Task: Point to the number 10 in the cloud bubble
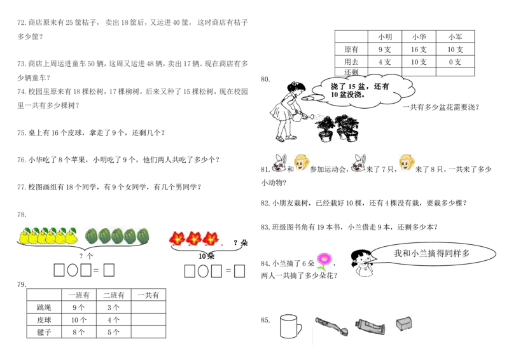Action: tap(335, 95)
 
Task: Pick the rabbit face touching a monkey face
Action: tap(278, 163)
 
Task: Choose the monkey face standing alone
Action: tap(407, 163)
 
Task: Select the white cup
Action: tap(288, 326)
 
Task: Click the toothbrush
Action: tap(330, 324)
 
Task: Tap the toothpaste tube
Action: tap(370, 326)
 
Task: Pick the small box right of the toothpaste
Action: tap(404, 324)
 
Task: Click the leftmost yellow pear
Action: tap(24, 237)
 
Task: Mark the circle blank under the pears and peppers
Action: tap(73, 271)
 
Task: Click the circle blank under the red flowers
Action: tap(203, 272)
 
